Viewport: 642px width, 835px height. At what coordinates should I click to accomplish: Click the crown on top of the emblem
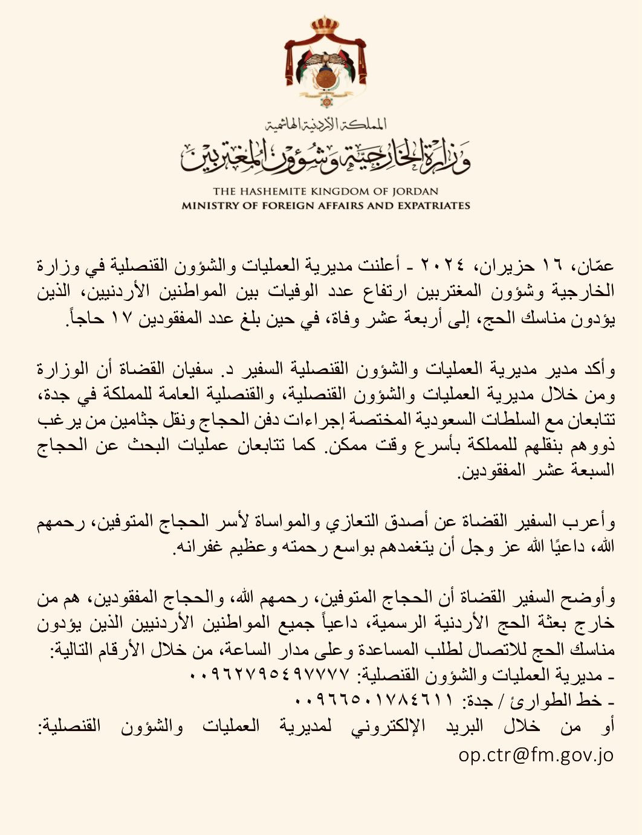tap(325, 27)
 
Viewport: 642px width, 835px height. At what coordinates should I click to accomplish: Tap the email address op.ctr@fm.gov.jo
tap(536, 755)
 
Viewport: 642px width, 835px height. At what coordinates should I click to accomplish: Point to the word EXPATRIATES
tap(432, 205)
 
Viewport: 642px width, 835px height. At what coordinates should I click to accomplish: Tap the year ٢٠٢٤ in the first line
tap(442, 265)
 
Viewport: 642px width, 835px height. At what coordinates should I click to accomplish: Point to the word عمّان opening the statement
tap(599, 265)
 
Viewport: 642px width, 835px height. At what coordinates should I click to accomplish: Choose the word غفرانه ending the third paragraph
tap(196, 547)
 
